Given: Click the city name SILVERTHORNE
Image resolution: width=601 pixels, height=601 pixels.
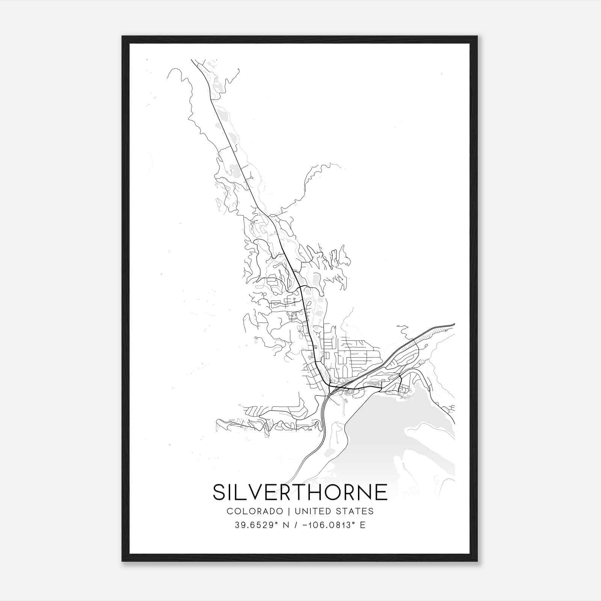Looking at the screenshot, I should click(x=300, y=492).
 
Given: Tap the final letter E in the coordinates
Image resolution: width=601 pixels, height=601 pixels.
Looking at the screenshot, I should click(x=362, y=525).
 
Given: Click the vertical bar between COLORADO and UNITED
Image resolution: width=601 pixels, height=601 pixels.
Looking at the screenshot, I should click(x=289, y=511).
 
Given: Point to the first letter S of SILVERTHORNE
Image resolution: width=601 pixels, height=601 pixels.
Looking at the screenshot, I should click(x=219, y=492).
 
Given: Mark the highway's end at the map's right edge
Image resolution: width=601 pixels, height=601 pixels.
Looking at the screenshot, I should click(x=454, y=323).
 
